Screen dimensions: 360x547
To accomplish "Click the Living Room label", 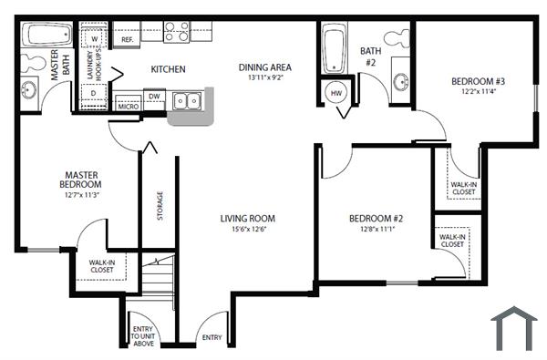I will (247, 218).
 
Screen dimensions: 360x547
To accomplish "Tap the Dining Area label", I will (265, 67).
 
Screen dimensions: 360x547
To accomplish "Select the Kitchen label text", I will (168, 69).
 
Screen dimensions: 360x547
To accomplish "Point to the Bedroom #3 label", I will (478, 82).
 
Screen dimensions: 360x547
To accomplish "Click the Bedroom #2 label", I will (376, 219).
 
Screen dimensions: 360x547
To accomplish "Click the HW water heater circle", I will (335, 93).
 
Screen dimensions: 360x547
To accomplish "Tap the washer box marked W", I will (95, 38).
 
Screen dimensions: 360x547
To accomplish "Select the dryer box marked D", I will (94, 93).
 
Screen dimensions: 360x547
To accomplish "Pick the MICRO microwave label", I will (128, 107).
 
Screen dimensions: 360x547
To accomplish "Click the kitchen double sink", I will (190, 102).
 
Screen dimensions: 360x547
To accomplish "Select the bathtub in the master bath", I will (47, 37).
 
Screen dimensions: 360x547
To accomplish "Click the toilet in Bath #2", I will (396, 39).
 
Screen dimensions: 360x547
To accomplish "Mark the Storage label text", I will (160, 205).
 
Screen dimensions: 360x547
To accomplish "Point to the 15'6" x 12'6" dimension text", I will (247, 230).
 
